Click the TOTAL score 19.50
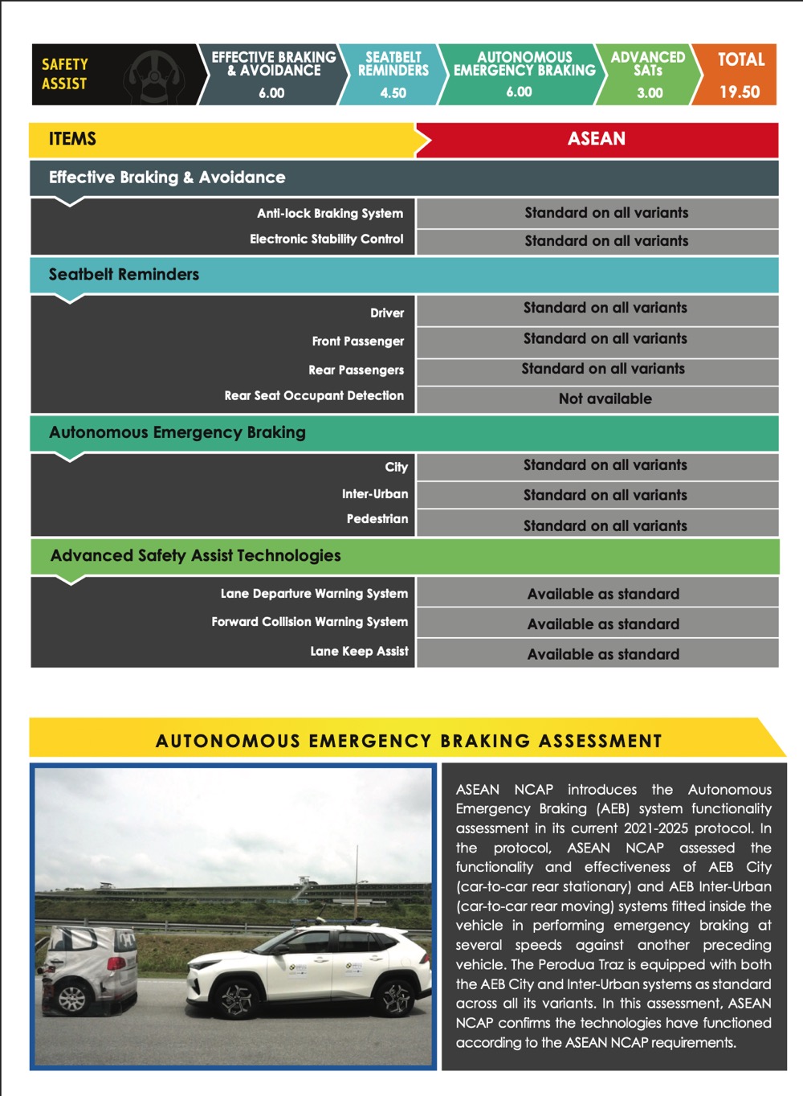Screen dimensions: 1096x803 (x=739, y=92)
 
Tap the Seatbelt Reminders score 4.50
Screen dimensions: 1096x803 (x=393, y=93)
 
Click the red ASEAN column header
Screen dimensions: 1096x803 (x=596, y=139)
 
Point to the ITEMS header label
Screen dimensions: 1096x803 (x=72, y=139)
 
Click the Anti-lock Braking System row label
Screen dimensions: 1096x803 (x=329, y=214)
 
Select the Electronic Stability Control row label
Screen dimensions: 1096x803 (x=326, y=239)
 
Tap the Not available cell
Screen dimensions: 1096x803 (x=605, y=399)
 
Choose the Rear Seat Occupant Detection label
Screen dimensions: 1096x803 (x=314, y=396)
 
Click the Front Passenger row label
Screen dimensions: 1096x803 (x=357, y=341)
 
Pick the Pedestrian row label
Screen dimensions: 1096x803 (x=377, y=519)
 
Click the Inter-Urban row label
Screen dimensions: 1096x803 (x=374, y=494)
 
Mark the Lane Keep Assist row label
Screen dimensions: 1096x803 (x=359, y=652)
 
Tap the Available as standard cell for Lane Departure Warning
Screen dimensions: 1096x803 (x=603, y=595)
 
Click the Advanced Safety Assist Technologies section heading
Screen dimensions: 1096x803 (x=195, y=556)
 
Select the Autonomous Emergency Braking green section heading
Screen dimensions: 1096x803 (x=177, y=433)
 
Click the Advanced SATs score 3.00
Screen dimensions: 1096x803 (x=650, y=93)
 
